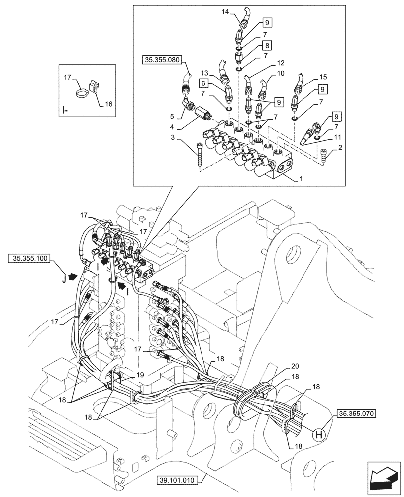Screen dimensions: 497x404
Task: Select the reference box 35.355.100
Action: [x=29, y=258]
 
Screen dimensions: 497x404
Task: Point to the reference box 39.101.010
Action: [x=177, y=480]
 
